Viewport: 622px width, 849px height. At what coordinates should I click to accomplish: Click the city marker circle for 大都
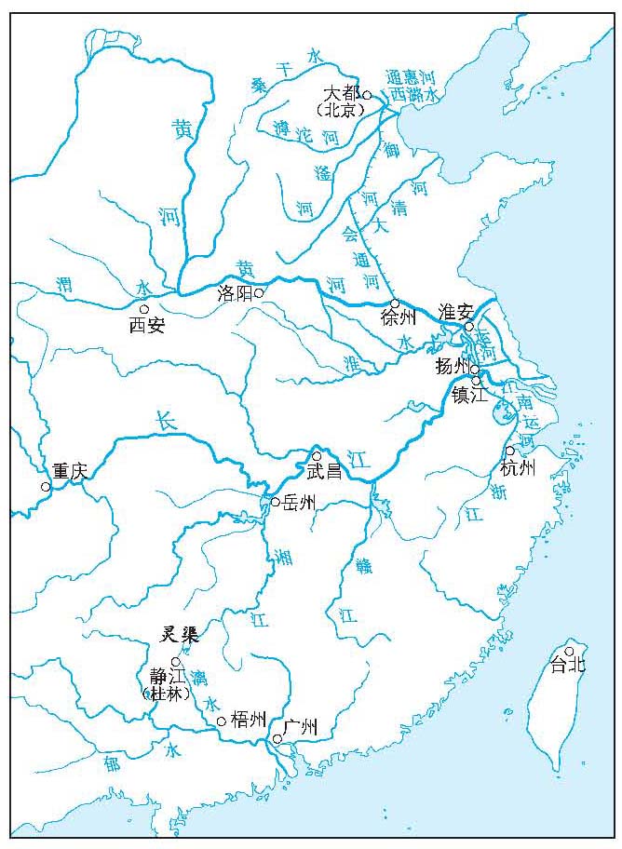367,95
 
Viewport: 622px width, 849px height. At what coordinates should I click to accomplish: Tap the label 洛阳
235,292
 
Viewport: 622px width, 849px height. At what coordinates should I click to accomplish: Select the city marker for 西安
144,309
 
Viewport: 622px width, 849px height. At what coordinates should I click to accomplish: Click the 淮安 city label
455,312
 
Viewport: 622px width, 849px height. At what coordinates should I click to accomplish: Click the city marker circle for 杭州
509,451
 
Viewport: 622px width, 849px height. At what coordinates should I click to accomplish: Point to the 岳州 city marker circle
276,502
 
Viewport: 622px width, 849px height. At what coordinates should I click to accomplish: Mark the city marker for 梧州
221,721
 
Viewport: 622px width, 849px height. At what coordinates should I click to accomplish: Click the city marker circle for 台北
570,651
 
